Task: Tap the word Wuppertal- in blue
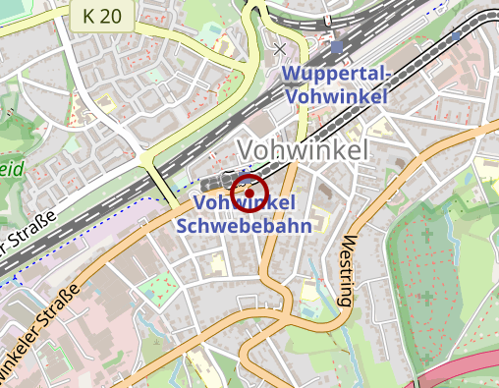(x=337, y=76)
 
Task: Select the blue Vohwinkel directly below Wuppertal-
(x=337, y=96)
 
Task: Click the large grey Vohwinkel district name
(x=303, y=150)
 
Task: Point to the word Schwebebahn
(x=245, y=225)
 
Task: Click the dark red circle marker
(x=249, y=192)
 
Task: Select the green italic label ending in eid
(x=10, y=168)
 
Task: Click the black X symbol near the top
(x=281, y=48)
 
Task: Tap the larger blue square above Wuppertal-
(x=338, y=45)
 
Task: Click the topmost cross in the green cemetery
(x=425, y=236)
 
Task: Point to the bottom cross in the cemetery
(x=425, y=296)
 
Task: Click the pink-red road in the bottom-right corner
(x=462, y=362)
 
